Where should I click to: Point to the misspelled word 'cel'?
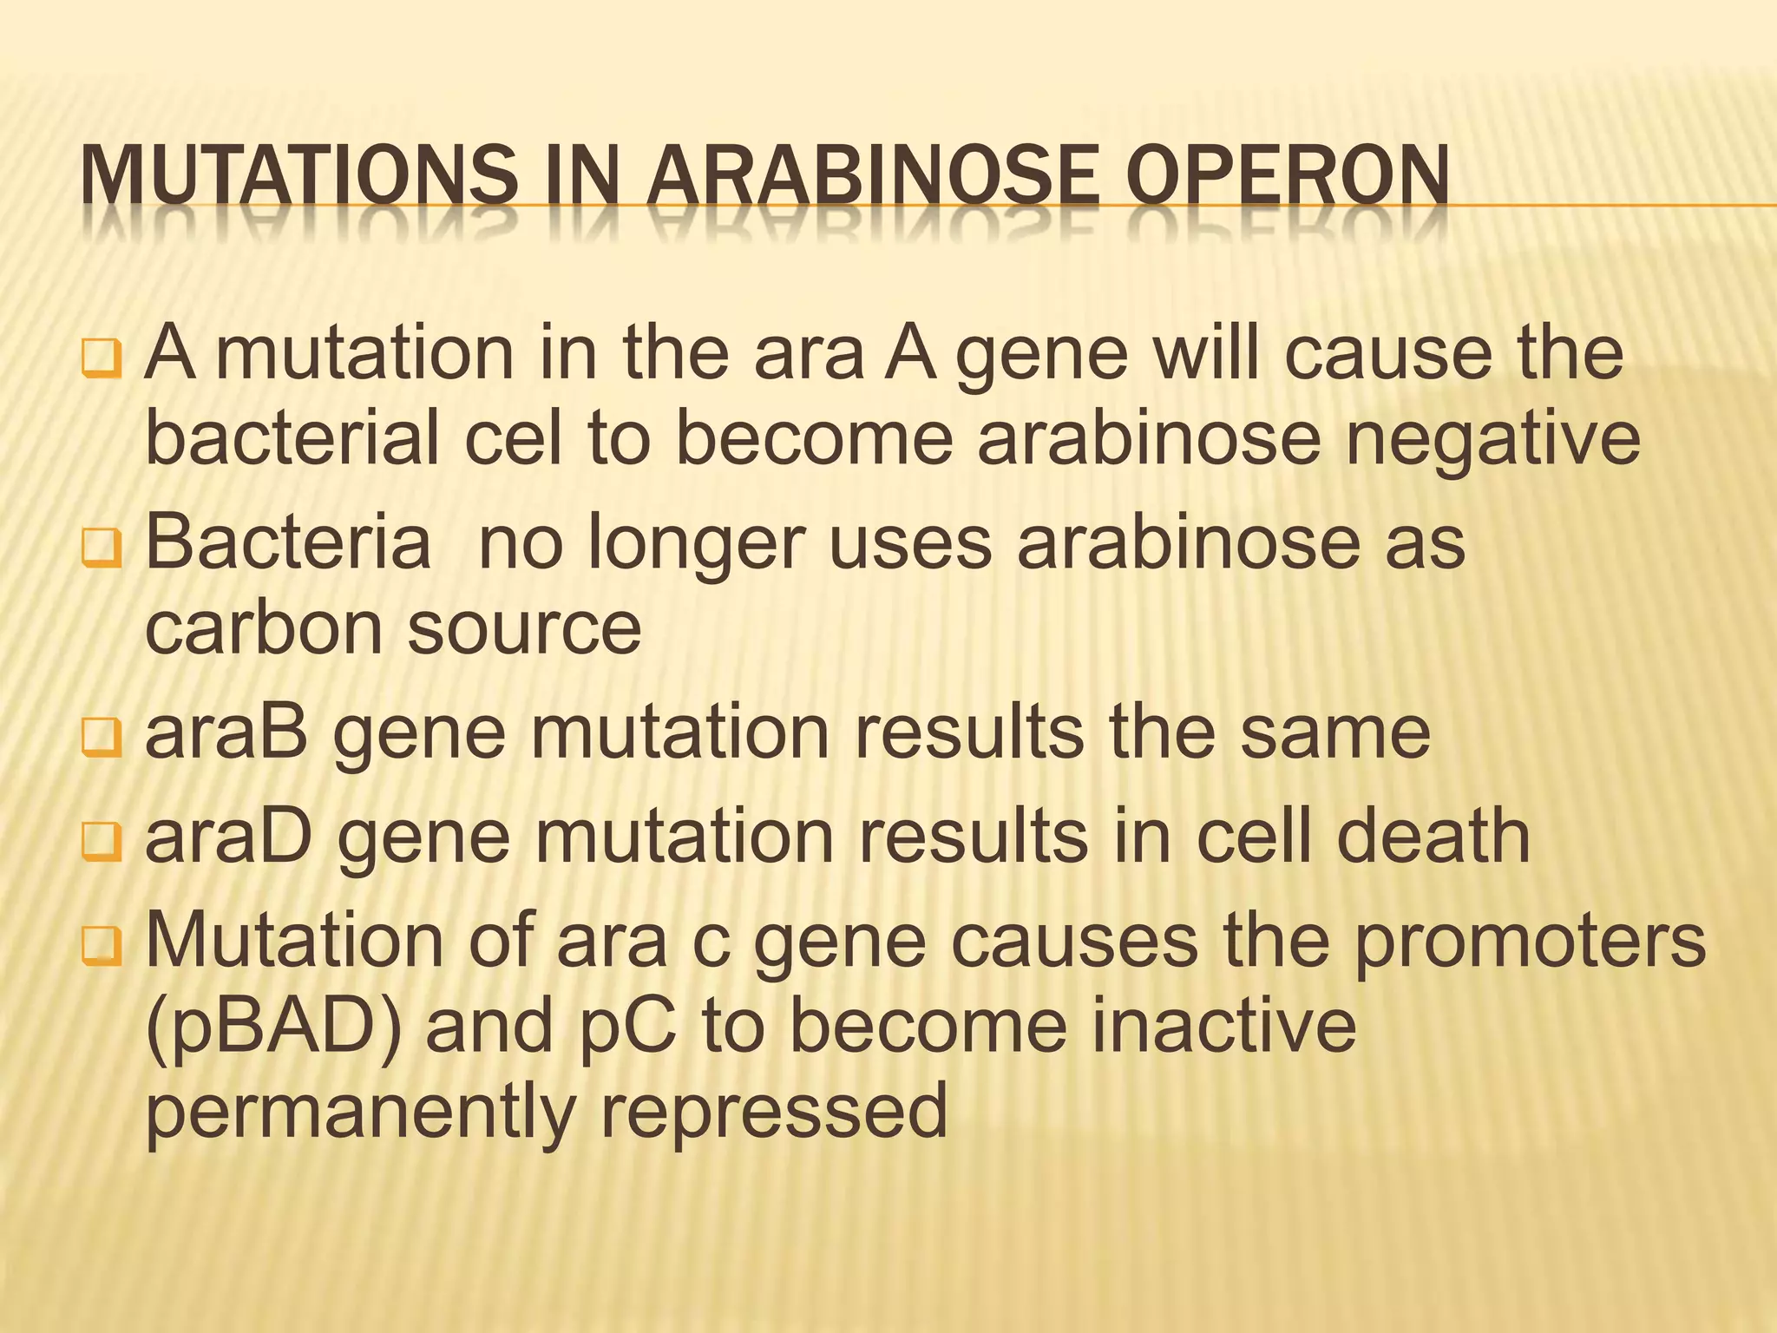(x=515, y=437)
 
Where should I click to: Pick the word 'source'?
(x=524, y=628)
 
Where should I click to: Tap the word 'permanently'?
(x=361, y=1114)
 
